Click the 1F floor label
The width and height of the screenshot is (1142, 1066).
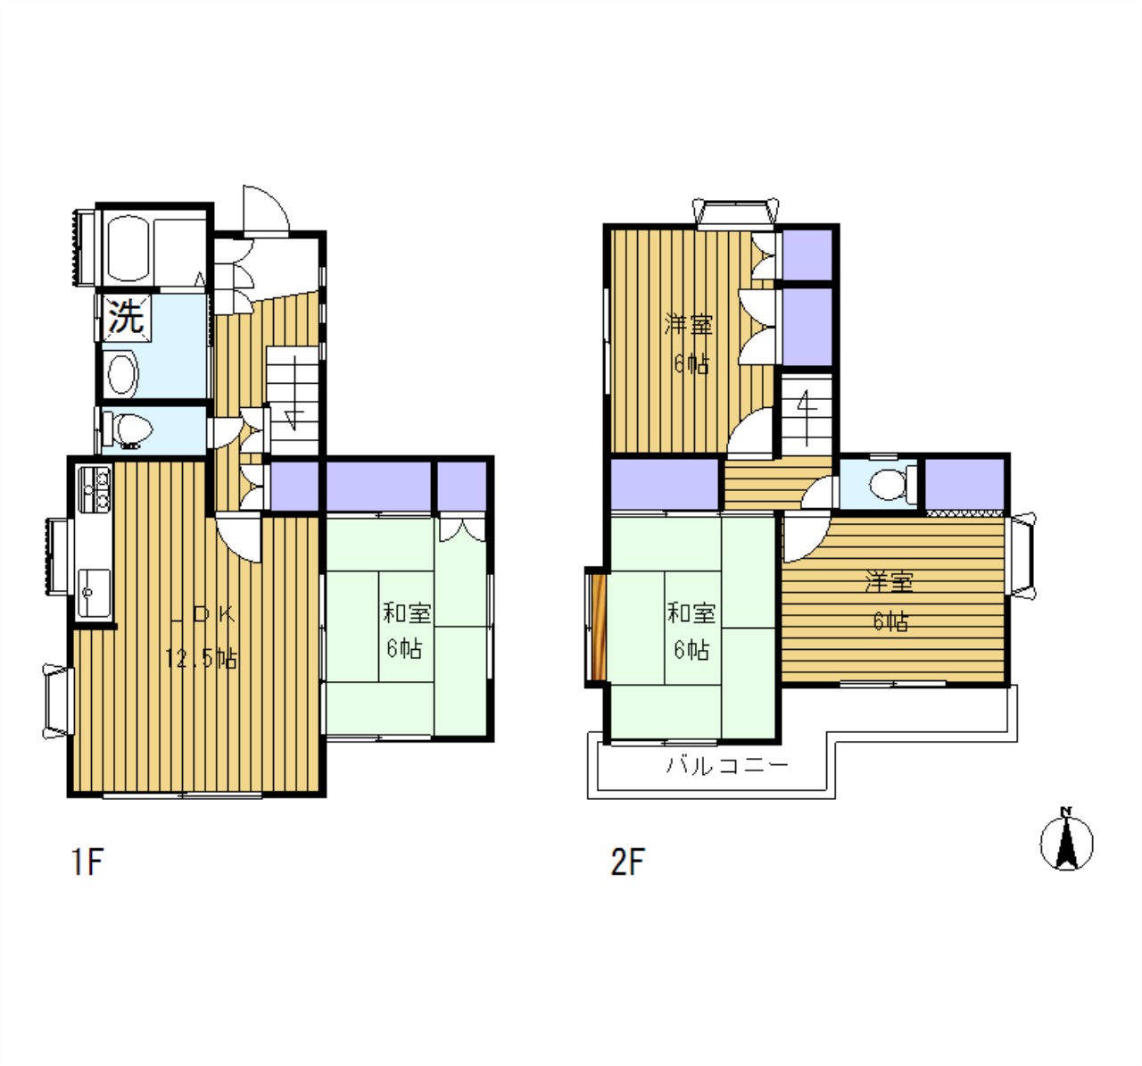(87, 862)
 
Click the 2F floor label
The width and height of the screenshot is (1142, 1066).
(628, 862)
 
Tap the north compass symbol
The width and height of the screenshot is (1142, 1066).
(1067, 844)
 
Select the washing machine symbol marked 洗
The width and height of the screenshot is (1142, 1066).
(126, 317)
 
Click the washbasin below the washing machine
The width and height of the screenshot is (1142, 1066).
(122, 375)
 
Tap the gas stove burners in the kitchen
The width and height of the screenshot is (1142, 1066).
(95, 489)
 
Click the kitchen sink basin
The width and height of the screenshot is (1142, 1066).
(95, 593)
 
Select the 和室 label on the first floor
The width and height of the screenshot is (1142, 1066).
(407, 613)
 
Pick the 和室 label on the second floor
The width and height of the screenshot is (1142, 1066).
(691, 613)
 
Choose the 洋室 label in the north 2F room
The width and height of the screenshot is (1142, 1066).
(689, 325)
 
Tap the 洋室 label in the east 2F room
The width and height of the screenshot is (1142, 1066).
(890, 582)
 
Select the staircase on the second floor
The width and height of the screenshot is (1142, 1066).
(807, 414)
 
